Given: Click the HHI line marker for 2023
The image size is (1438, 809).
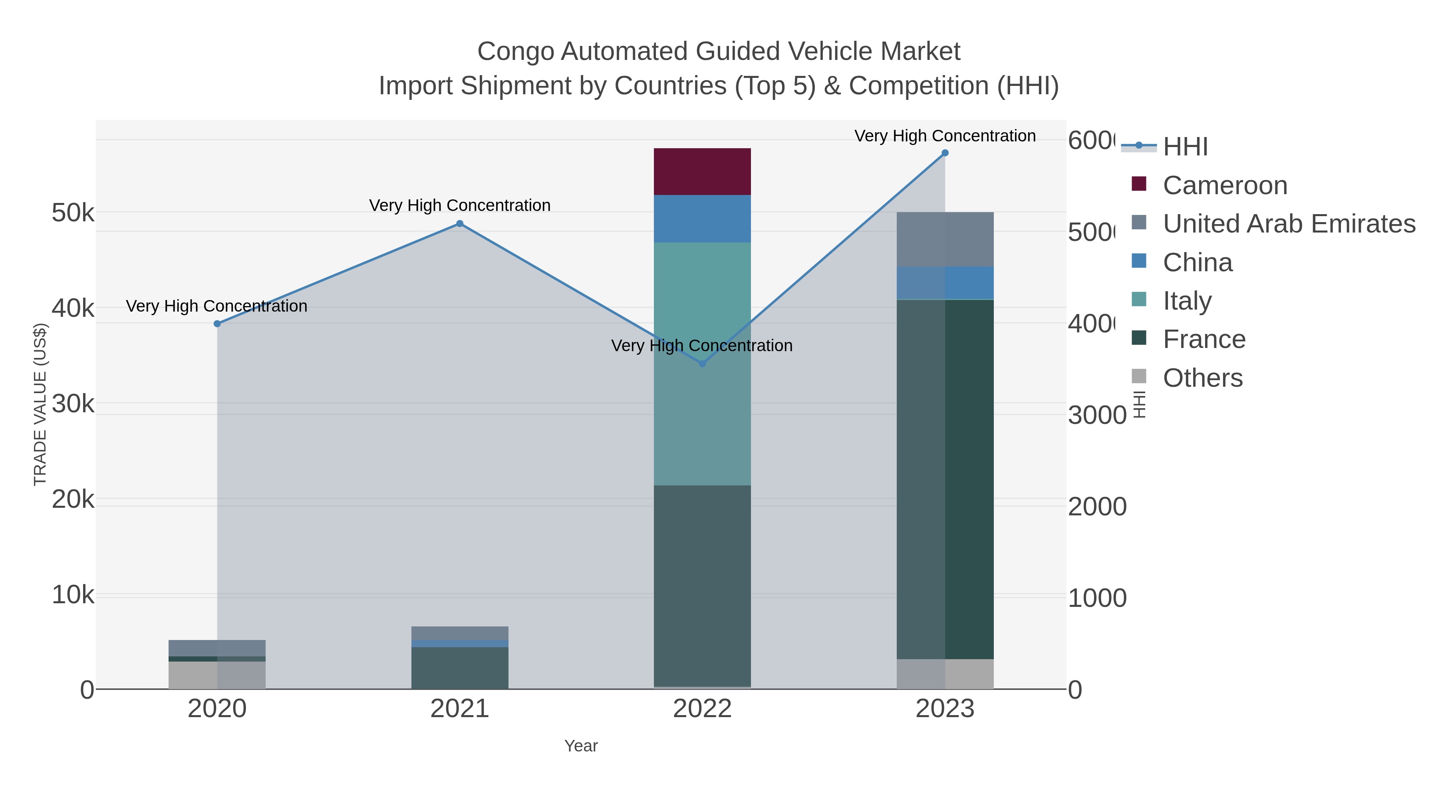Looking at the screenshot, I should [x=945, y=153].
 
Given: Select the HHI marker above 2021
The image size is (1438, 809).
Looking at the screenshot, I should [x=459, y=224].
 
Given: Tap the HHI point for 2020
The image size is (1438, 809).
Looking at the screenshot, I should [x=217, y=324].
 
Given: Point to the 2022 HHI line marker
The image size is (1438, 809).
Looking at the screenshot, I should [x=702, y=364].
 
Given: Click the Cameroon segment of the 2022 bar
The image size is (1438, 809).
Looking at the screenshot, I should [x=702, y=171].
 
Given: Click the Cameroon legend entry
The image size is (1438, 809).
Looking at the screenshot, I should [x=1225, y=185].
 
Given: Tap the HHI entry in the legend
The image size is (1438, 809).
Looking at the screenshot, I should [x=1185, y=147].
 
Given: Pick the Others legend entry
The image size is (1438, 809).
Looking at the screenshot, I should [x=1202, y=378].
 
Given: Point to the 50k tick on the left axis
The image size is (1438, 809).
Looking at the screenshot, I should [x=73, y=213].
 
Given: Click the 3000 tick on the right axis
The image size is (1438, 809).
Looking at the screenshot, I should [x=1097, y=415].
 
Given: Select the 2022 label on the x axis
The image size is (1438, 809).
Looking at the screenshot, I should [x=702, y=709].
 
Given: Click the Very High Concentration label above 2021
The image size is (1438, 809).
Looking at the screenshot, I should [x=459, y=205].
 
